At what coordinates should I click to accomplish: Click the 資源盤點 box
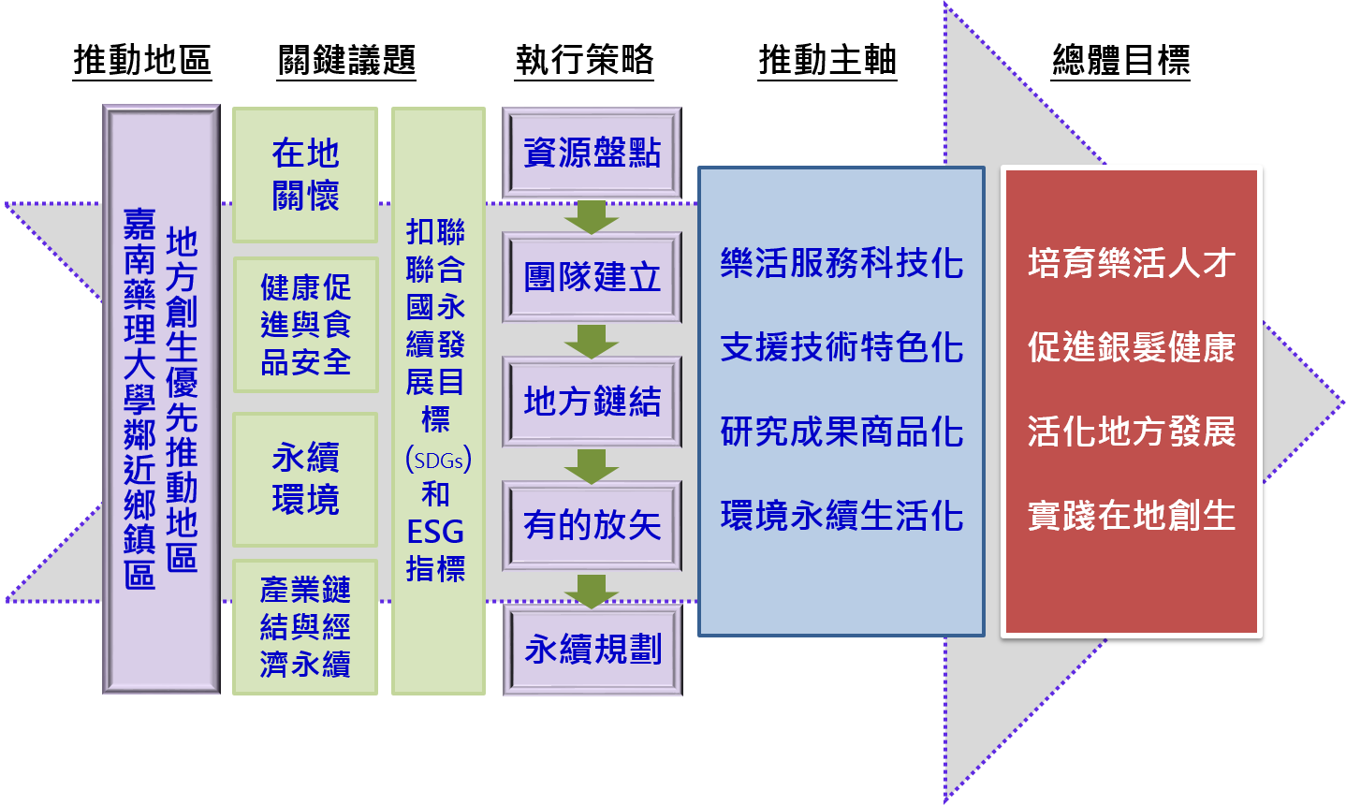point(592,153)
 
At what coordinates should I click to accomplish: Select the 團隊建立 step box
point(592,277)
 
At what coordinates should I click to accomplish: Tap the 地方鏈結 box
point(592,402)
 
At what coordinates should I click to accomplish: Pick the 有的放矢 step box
point(592,525)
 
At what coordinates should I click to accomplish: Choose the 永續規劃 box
point(593,649)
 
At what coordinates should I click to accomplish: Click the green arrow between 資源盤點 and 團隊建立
point(592,216)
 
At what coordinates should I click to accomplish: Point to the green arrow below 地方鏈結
point(592,465)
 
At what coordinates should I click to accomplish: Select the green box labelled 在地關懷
point(305,174)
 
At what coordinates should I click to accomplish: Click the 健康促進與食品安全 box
point(305,324)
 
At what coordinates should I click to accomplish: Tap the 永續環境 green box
point(305,478)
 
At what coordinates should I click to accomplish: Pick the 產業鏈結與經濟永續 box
point(305,627)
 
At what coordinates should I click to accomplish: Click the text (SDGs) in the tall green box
point(437,460)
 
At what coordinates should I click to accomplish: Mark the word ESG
point(435,532)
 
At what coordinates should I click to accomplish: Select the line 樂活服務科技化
point(841,263)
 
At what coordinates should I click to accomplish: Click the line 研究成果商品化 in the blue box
point(841,432)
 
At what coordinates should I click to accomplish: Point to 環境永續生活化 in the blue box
point(841,516)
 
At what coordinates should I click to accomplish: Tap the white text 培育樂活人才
point(1132,263)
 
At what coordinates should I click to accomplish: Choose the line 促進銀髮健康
point(1132,347)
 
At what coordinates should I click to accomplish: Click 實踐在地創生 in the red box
point(1132,516)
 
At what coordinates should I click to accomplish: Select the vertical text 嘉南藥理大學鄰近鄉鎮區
point(139,399)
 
